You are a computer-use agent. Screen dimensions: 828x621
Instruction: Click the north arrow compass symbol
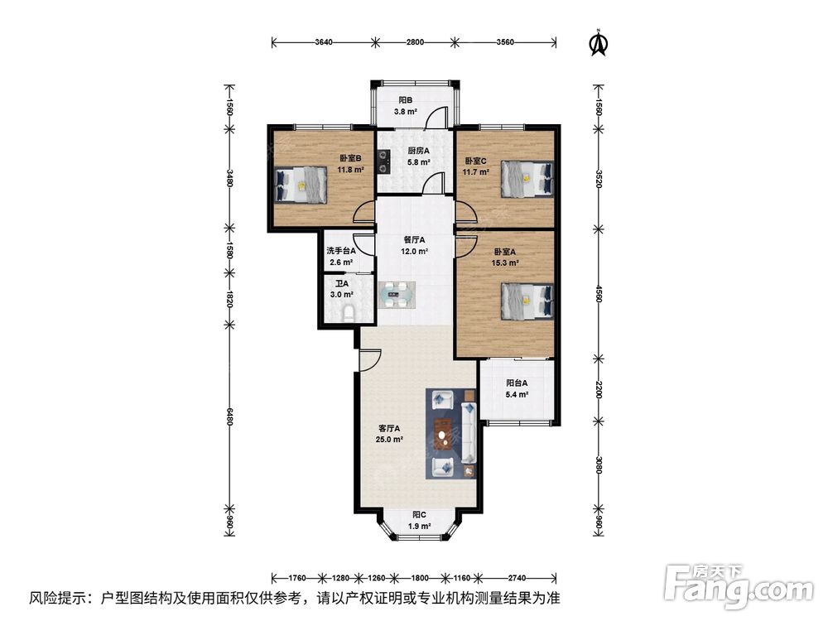tap(599, 42)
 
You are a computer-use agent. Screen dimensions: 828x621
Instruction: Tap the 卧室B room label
tap(350, 158)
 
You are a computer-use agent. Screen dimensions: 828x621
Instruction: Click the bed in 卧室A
tap(527, 301)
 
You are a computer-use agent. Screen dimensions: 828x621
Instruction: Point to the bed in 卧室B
tap(301, 185)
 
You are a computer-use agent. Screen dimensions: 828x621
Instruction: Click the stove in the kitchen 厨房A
tap(383, 162)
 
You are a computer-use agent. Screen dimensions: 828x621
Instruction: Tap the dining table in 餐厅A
tap(397, 295)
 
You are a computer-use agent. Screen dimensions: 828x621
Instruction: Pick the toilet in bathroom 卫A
tap(349, 314)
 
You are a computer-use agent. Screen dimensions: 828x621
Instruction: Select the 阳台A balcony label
tap(517, 383)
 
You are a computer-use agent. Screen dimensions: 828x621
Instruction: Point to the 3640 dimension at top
tap(323, 42)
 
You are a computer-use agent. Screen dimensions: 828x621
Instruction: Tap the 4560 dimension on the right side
tap(599, 294)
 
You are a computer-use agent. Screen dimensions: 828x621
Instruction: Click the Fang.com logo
tap(739, 585)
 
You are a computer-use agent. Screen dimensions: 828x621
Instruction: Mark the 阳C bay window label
tap(419, 514)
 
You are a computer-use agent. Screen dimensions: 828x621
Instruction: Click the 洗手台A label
tap(340, 251)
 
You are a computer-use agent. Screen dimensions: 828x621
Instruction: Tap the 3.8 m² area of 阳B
tap(405, 112)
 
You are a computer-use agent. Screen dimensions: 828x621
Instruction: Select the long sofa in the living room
tap(469, 433)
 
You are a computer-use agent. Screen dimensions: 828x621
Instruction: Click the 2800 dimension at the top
tap(415, 42)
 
